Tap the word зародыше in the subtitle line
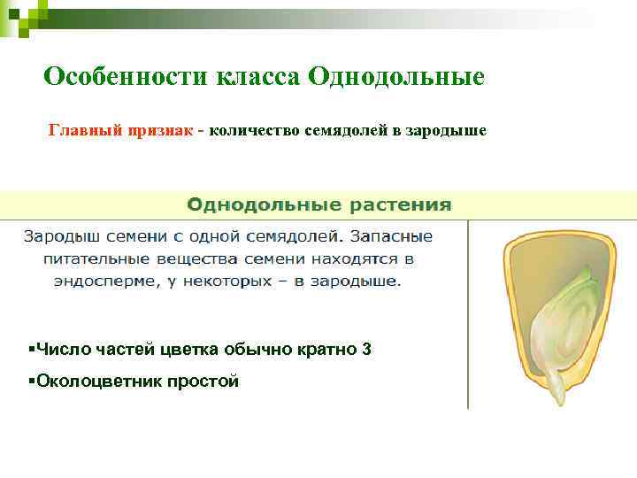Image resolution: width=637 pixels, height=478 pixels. (449, 132)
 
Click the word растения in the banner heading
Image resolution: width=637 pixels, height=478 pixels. (397, 205)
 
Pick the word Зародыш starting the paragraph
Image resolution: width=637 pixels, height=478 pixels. (57, 237)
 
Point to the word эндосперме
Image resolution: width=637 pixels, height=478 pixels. (102, 282)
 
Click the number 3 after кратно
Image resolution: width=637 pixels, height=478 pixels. (366, 350)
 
